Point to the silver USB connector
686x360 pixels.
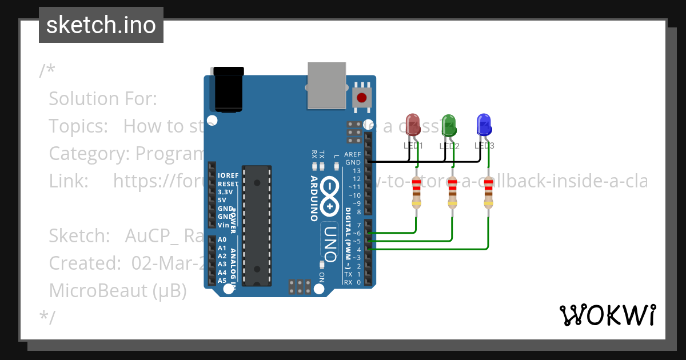click(x=326, y=85)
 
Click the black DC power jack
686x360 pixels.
click(x=229, y=90)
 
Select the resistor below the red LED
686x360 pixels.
click(x=417, y=193)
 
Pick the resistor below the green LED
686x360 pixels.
click(x=452, y=193)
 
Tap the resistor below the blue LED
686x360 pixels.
click(x=488, y=193)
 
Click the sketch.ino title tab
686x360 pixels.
click(x=101, y=25)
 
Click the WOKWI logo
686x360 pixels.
click(x=607, y=315)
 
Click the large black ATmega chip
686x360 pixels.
click(x=257, y=226)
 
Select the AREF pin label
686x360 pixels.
click(x=353, y=154)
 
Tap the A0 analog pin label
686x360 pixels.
click(x=222, y=239)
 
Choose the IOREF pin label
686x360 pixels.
click(x=228, y=175)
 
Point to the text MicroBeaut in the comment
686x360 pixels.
click(x=98, y=290)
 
